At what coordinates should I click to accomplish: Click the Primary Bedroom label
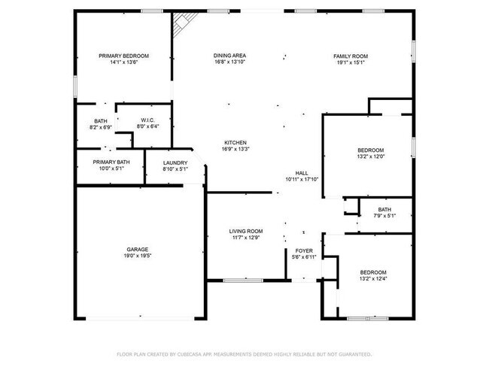click(x=124, y=56)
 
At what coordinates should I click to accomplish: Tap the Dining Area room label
click(x=229, y=56)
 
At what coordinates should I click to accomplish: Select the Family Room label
click(x=351, y=56)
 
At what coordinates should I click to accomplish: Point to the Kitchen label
click(x=235, y=143)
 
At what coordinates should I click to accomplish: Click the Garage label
click(x=137, y=250)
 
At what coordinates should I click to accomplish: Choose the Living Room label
click(x=246, y=231)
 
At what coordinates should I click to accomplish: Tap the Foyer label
click(x=304, y=250)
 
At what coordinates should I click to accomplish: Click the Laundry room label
click(x=175, y=162)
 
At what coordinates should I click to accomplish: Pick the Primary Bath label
click(x=111, y=162)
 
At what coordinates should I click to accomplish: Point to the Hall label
click(x=302, y=173)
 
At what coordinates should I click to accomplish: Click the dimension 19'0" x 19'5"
click(x=137, y=256)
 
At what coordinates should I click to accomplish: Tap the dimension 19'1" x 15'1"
click(x=351, y=62)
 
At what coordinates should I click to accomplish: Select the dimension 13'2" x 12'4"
click(x=373, y=279)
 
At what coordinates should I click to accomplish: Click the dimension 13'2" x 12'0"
click(x=370, y=156)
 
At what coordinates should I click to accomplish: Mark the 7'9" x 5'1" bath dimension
click(x=384, y=217)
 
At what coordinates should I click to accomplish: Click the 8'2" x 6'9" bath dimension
click(x=101, y=127)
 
